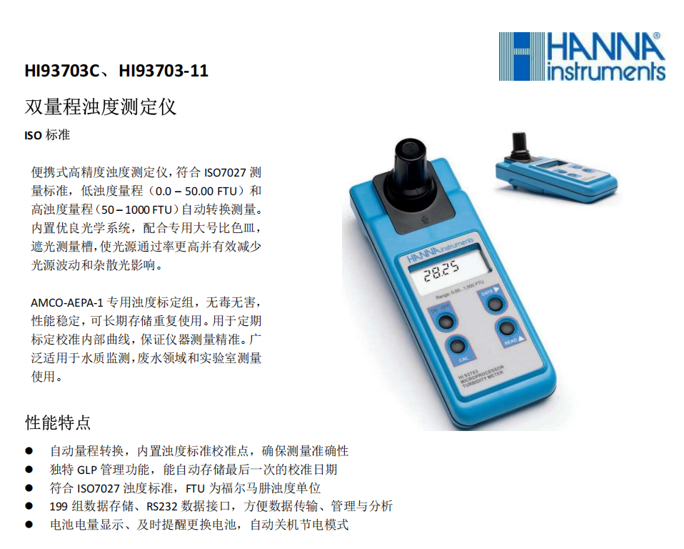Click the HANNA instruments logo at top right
point(582,56)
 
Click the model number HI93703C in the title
point(62,71)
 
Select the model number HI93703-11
point(164,71)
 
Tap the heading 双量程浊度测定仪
point(101,107)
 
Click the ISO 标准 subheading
point(47,135)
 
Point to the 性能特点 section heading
point(58,422)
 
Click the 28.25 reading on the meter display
point(441,271)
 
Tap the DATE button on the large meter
point(494,304)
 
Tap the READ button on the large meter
point(506,328)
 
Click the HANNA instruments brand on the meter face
point(440,251)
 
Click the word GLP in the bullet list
point(87,470)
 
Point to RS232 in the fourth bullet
point(162,507)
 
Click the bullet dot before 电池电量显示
point(29,525)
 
